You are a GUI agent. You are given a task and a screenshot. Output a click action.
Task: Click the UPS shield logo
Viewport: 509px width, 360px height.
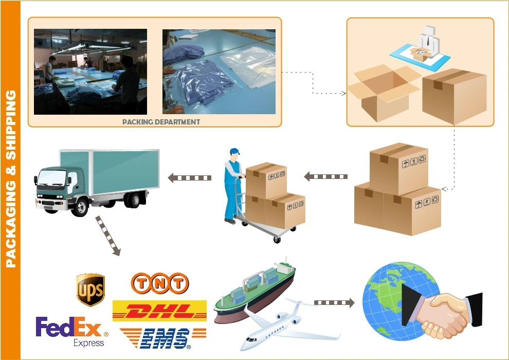click(x=90, y=290)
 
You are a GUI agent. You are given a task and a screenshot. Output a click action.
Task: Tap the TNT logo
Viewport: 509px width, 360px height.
click(x=159, y=283)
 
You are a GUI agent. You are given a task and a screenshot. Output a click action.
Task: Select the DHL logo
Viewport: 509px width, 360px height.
click(x=159, y=311)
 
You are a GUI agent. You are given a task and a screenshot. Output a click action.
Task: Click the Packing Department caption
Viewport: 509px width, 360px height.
click(x=161, y=122)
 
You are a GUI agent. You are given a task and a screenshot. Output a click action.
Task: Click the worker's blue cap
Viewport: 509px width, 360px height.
click(x=235, y=152)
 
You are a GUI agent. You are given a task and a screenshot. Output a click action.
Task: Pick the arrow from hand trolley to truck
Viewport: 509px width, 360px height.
click(x=190, y=178)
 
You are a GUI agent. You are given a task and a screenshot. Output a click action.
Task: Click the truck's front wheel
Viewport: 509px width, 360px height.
click(x=81, y=207)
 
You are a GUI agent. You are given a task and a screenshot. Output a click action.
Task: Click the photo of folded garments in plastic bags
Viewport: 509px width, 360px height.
click(x=219, y=71)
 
